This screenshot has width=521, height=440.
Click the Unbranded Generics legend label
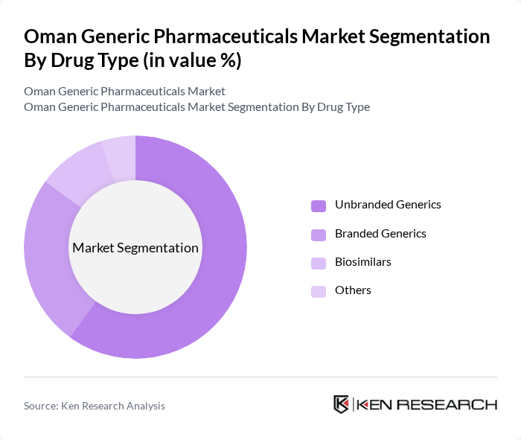(x=388, y=205)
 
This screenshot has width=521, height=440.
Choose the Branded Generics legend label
(x=380, y=234)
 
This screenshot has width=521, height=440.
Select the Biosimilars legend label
(x=362, y=262)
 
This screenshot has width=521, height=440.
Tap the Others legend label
(x=353, y=290)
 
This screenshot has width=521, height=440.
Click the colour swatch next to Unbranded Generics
(x=319, y=205)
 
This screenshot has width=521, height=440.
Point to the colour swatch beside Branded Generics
(x=319, y=235)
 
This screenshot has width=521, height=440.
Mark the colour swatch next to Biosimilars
(x=319, y=263)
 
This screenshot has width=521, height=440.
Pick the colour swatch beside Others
(x=319, y=291)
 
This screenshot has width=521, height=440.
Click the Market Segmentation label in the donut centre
(x=135, y=248)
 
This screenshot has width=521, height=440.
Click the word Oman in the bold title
(x=53, y=37)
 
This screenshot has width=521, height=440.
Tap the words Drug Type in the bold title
(x=100, y=61)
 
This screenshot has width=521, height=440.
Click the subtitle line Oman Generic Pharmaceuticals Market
(x=124, y=92)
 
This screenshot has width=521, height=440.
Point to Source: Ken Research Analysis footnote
(x=95, y=406)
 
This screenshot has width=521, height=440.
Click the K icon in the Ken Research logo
(x=342, y=404)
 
